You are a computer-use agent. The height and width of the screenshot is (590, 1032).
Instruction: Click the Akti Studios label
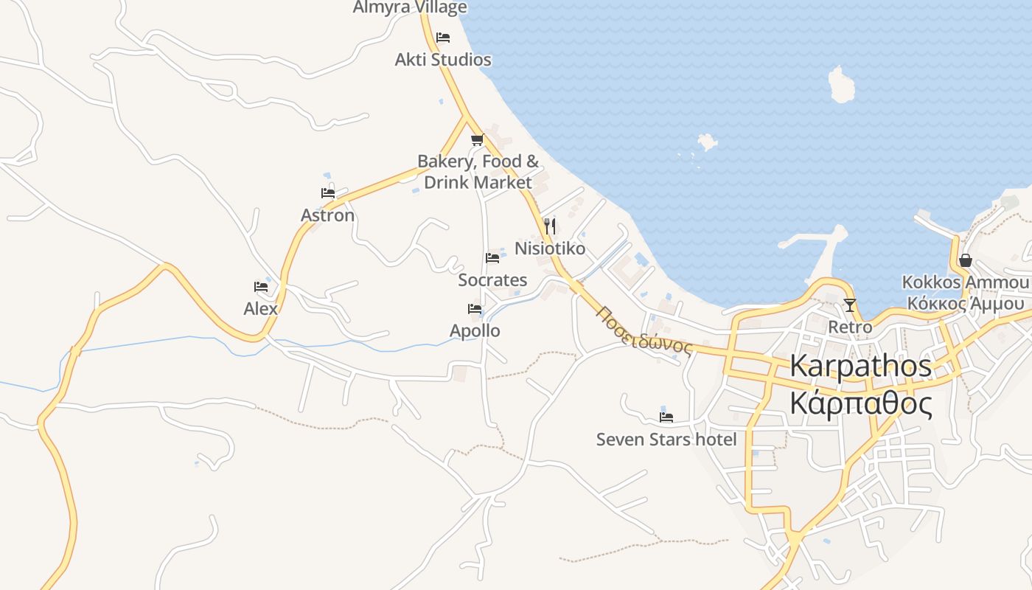[443, 60]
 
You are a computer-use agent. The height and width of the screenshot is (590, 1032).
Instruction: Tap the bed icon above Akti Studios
[443, 37]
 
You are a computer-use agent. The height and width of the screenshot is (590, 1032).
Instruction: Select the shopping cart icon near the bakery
[477, 139]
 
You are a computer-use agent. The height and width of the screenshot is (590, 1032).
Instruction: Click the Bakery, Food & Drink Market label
[478, 171]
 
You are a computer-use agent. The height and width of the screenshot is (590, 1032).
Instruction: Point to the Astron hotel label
[327, 215]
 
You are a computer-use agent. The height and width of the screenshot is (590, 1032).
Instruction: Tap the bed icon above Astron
[328, 193]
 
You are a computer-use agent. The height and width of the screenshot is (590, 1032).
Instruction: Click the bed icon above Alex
[261, 287]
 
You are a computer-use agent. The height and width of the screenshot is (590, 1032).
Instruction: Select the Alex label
[261, 308]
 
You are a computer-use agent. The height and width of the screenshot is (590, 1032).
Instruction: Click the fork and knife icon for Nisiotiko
[549, 226]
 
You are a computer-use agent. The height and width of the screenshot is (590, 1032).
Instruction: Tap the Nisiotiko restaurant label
[550, 249]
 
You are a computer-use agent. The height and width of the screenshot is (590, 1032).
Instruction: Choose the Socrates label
[492, 280]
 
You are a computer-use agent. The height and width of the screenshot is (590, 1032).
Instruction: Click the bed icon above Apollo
[475, 309]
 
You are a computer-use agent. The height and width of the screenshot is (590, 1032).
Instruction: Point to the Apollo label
[475, 330]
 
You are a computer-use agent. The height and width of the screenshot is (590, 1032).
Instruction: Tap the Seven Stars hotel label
[666, 440]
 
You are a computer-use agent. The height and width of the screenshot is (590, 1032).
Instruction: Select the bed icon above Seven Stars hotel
[666, 417]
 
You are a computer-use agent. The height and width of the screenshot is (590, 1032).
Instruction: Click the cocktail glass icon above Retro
[850, 305]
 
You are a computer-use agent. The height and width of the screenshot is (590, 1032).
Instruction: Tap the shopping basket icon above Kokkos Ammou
[966, 260]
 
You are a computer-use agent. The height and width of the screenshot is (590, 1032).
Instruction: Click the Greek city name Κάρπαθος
[861, 404]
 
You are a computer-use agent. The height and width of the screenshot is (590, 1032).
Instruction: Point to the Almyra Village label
[410, 7]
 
